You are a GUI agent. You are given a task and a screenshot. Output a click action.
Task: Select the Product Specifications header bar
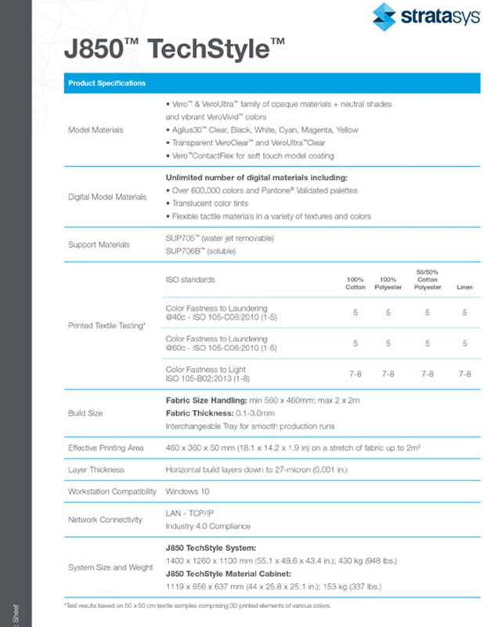tap(271, 82)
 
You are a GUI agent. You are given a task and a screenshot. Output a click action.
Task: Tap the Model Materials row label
tap(96, 129)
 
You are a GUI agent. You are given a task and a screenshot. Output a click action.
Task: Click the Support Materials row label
tap(97, 244)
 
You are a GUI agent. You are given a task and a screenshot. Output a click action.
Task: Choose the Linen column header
tap(464, 287)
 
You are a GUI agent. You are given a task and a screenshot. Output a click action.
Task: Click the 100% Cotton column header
tap(356, 283)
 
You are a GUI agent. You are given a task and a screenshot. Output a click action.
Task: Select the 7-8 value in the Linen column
tap(464, 374)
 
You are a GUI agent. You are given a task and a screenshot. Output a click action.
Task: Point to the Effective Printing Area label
tap(107, 448)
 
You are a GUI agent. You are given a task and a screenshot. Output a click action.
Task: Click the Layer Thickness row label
tap(97, 470)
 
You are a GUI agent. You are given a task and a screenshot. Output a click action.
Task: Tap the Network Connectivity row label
tap(105, 519)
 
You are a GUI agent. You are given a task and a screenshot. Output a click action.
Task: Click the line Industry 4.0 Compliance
tap(208, 526)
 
